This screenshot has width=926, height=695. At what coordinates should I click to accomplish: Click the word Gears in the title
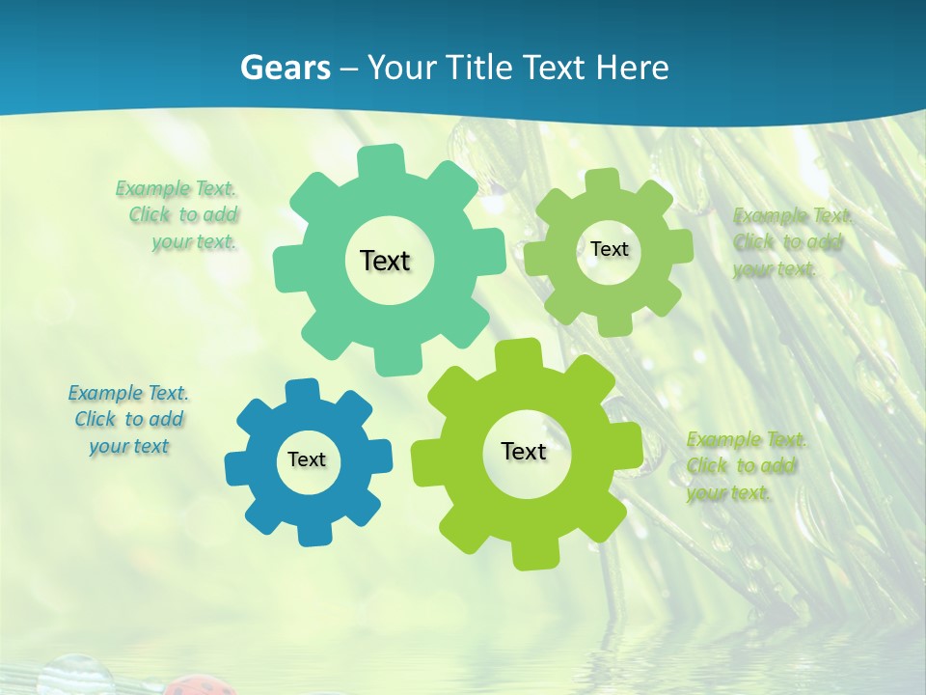[x=285, y=68]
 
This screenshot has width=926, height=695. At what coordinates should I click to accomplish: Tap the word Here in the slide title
[x=632, y=68]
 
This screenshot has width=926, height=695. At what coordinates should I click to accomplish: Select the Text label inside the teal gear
[x=385, y=261]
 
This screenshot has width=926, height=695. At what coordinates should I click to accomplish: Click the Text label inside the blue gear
[x=307, y=460]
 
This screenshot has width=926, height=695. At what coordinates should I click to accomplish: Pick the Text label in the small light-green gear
[x=609, y=249]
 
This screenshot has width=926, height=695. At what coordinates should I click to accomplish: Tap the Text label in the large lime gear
[x=524, y=452]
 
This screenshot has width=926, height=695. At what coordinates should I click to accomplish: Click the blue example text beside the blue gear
[x=128, y=419]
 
